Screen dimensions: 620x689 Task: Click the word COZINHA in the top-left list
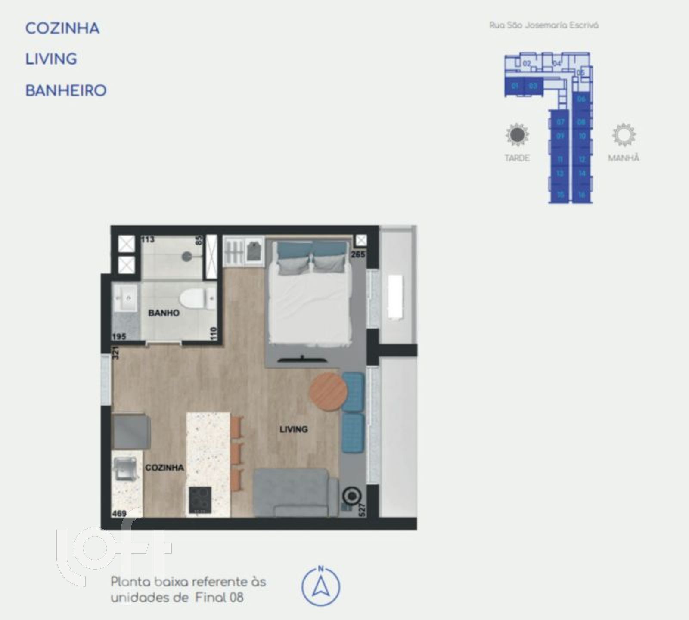pyautogui.click(x=62, y=28)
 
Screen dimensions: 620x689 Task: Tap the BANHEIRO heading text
pyautogui.click(x=66, y=91)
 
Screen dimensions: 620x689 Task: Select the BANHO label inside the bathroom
pyautogui.click(x=164, y=313)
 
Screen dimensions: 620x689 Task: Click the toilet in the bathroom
pyautogui.click(x=192, y=298)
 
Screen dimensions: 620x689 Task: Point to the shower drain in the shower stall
pyautogui.click(x=186, y=256)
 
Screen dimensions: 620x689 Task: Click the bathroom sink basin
pyautogui.click(x=126, y=298)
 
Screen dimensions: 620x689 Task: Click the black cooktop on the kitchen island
pyautogui.click(x=200, y=499)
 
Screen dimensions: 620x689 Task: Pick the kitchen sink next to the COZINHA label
pyautogui.click(x=125, y=469)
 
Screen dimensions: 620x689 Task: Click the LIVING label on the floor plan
pyautogui.click(x=293, y=429)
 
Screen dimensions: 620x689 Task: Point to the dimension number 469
pyautogui.click(x=119, y=513)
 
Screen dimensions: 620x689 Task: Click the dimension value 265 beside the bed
pyautogui.click(x=358, y=254)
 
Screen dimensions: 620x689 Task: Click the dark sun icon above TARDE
pyautogui.click(x=517, y=135)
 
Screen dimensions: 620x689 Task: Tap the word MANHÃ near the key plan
pyautogui.click(x=624, y=158)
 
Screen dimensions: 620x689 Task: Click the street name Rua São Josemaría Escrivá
pyautogui.click(x=544, y=25)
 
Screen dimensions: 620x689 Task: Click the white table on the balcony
pyautogui.click(x=396, y=297)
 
